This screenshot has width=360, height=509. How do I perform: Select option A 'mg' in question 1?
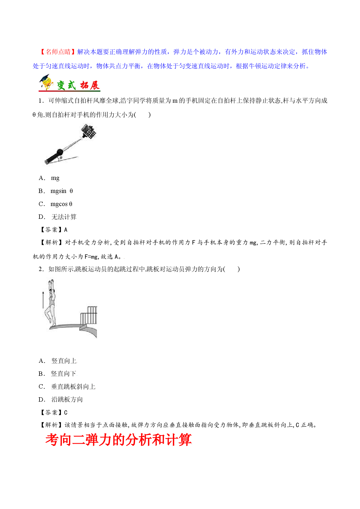49,178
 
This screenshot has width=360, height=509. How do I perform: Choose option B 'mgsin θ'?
56,191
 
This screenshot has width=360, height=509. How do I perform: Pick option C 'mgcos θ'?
55,204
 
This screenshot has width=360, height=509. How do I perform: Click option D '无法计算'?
57,217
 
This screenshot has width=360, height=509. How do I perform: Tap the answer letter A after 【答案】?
66,230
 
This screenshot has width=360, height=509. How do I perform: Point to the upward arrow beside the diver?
43,300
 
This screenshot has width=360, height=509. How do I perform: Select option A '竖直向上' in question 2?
57,361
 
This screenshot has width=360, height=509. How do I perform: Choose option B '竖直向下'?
57,374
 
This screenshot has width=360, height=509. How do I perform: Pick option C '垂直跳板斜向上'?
67,387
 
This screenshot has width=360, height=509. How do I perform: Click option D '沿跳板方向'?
61,400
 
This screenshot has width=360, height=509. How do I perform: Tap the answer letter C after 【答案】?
66,413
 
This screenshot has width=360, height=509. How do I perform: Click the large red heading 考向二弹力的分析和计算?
118,440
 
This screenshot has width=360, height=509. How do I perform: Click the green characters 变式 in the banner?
66,85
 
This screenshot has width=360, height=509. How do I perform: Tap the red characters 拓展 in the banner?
90,85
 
